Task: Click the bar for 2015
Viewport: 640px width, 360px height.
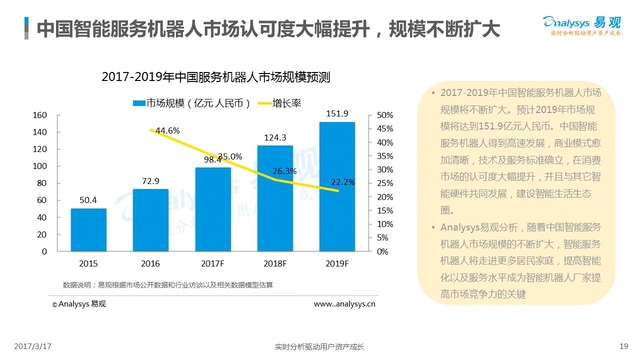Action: (x=88, y=229)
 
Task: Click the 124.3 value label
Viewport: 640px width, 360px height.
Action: (x=275, y=137)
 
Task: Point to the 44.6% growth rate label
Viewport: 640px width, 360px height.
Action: (x=167, y=130)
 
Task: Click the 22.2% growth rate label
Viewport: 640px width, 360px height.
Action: (x=342, y=182)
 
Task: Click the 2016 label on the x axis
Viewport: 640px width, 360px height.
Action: (x=150, y=263)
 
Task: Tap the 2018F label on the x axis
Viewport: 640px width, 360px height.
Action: (x=275, y=263)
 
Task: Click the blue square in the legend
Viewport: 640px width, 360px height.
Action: (x=138, y=103)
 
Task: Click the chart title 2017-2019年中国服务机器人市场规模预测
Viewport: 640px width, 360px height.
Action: (x=216, y=77)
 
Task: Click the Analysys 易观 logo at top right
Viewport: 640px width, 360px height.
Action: (x=581, y=25)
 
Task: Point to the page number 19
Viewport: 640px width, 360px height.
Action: (x=623, y=346)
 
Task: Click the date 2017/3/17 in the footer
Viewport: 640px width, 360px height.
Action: (x=33, y=346)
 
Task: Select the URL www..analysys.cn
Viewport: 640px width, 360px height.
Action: (x=344, y=303)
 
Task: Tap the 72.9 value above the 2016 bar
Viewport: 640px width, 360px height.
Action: (x=150, y=181)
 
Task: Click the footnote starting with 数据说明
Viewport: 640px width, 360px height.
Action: (x=168, y=285)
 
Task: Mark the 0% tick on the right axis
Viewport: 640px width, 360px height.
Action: (x=382, y=251)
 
